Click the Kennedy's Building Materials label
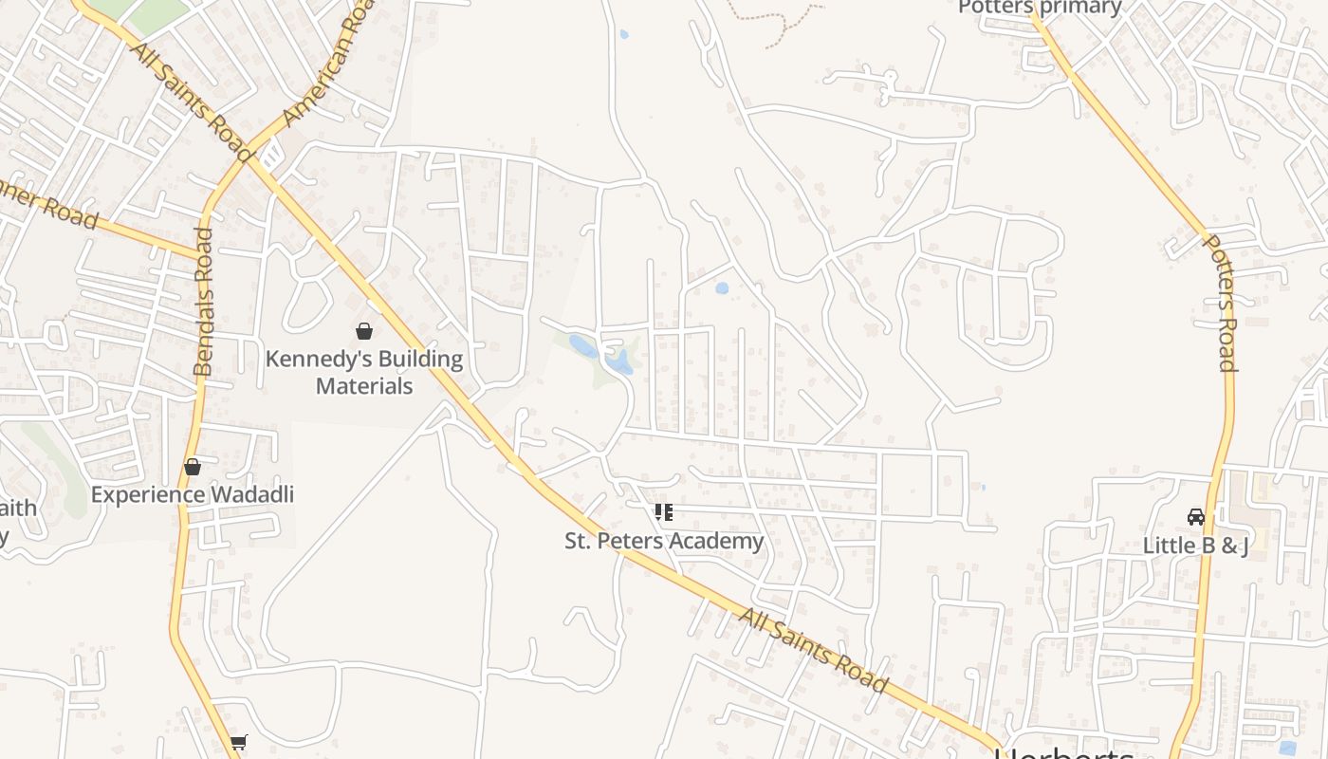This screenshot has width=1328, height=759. (364, 372)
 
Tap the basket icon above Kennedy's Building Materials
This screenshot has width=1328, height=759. (363, 331)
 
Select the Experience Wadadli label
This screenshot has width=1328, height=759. (193, 494)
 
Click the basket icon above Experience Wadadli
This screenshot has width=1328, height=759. (193, 467)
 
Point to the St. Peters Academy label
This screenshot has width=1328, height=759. (664, 541)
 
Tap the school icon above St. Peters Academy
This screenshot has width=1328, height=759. (664, 512)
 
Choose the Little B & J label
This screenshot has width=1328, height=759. (1195, 546)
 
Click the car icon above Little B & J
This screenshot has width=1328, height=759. (1196, 517)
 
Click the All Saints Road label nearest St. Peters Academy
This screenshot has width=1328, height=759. (813, 651)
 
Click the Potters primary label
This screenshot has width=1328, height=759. (1040, 8)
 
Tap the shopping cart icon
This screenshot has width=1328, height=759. (238, 743)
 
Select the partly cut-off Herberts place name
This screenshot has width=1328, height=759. (1063, 753)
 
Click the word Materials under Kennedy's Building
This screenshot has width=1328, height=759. (364, 386)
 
